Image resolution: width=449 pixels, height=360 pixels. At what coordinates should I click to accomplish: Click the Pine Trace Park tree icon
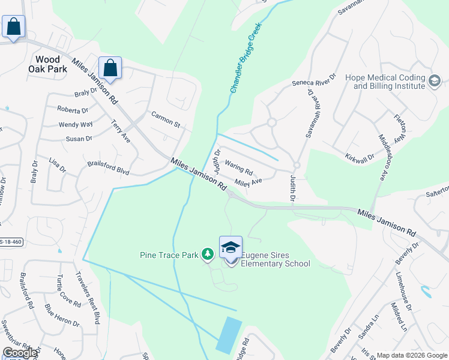(207, 255)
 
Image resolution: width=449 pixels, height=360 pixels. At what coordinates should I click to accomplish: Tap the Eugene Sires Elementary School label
(276, 259)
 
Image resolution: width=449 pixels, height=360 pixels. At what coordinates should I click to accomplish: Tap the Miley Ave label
(249, 181)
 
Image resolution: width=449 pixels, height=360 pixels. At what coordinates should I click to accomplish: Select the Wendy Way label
(76, 125)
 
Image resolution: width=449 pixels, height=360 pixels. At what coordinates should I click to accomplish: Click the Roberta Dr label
(73, 110)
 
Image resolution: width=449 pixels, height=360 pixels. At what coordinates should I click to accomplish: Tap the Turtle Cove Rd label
(68, 291)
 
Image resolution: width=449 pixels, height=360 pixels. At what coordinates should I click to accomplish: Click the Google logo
(19, 353)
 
